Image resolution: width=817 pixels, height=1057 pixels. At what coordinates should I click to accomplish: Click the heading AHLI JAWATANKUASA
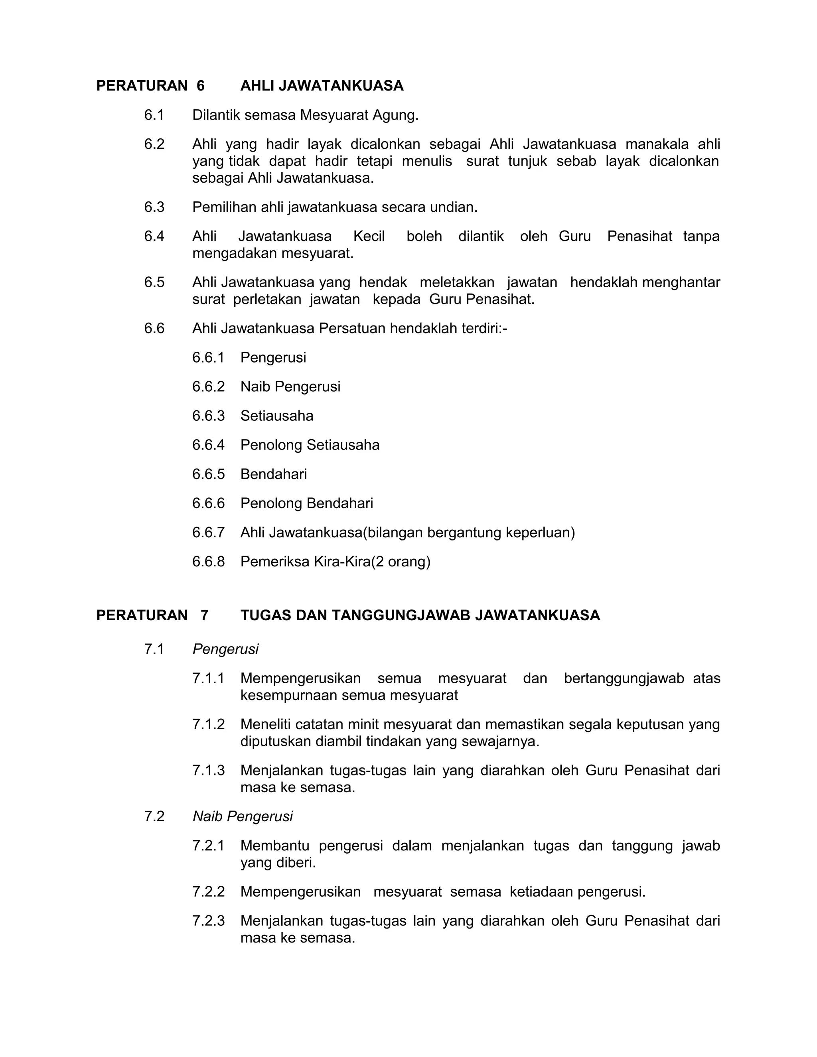click(322, 86)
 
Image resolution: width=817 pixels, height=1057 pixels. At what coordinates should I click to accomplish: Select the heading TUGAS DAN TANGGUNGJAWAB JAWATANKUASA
click(420, 615)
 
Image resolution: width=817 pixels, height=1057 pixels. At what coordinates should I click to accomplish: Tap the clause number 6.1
click(154, 115)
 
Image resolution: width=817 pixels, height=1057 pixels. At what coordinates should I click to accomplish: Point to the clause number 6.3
click(154, 207)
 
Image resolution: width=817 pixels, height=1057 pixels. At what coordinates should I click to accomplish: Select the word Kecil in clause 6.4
click(369, 236)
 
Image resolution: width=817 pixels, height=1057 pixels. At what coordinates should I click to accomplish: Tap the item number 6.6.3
click(208, 416)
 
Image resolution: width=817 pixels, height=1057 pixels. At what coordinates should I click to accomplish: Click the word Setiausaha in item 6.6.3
click(277, 416)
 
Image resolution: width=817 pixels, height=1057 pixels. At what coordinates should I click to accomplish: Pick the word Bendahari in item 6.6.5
click(273, 474)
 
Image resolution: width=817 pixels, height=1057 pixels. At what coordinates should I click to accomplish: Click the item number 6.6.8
click(208, 562)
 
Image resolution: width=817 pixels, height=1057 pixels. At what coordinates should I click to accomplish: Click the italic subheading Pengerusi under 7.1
click(225, 649)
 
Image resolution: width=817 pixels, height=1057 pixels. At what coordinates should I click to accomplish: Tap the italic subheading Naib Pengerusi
click(243, 816)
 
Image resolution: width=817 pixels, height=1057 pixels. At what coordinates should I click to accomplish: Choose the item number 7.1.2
click(208, 724)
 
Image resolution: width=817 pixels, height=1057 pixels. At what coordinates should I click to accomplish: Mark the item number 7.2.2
click(208, 891)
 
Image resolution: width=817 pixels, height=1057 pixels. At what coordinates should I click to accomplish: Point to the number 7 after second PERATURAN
click(204, 615)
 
